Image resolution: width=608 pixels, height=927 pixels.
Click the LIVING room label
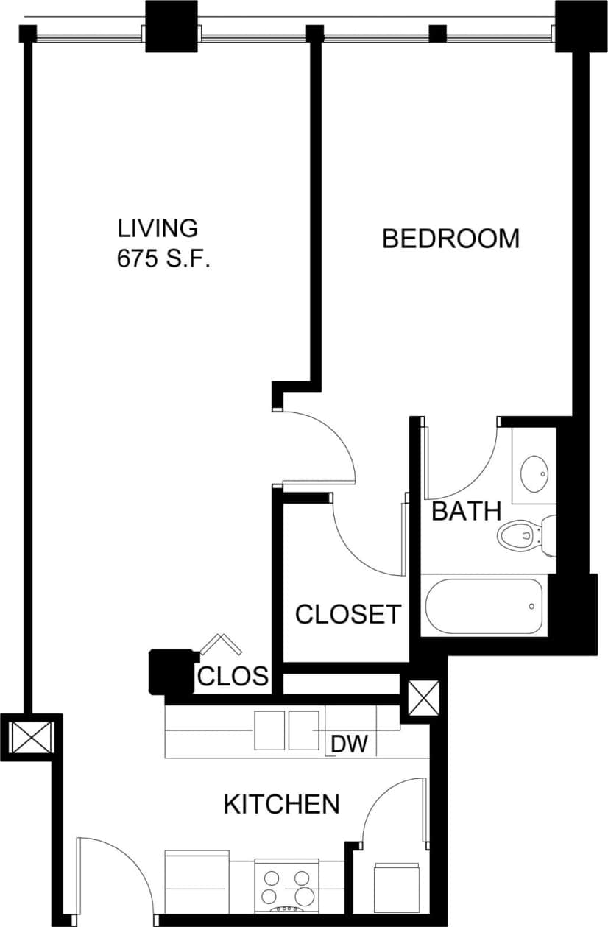click(x=158, y=228)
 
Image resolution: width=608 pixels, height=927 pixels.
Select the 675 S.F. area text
click(x=163, y=259)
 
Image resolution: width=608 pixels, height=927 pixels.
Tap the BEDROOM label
click(x=450, y=239)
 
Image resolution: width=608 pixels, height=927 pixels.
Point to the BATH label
click(x=466, y=510)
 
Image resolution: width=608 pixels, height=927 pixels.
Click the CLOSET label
click(x=348, y=613)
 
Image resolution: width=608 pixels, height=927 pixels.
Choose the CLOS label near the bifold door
click(x=233, y=677)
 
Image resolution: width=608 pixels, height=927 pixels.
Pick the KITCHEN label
click(x=281, y=804)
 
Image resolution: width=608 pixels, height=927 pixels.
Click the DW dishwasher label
click(x=349, y=744)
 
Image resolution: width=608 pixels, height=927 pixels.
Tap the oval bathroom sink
click(x=534, y=473)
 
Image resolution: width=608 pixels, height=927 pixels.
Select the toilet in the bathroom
click(x=523, y=535)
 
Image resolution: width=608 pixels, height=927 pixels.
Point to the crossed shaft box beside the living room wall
click(x=30, y=737)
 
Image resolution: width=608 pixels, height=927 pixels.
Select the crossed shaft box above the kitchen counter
click(x=423, y=698)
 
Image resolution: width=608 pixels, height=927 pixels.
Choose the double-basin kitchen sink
click(x=287, y=730)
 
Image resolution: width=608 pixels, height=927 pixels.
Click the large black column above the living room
click(x=172, y=27)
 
